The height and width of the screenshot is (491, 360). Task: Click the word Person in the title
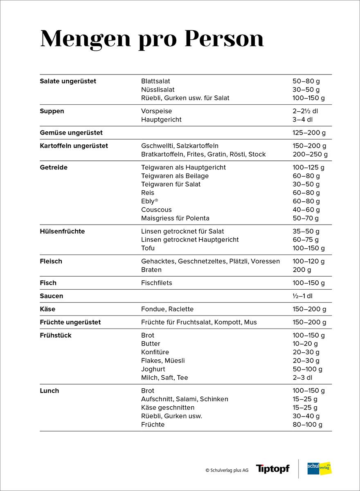(x=224, y=39)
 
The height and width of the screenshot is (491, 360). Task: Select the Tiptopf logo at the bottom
(x=272, y=469)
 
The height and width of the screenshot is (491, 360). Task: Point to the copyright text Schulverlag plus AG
(x=227, y=471)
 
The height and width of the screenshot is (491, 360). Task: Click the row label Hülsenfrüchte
(x=62, y=231)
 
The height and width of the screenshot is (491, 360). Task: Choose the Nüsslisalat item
(x=158, y=90)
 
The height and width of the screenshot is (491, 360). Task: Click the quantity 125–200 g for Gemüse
(x=309, y=133)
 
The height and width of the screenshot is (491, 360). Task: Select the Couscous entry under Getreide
(x=156, y=210)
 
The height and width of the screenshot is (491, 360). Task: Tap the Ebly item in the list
(x=149, y=201)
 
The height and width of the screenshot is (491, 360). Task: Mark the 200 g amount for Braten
(x=302, y=270)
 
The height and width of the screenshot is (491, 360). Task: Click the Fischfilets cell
(x=157, y=283)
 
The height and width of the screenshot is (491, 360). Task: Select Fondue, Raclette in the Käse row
(x=167, y=309)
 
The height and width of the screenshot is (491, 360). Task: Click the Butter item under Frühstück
(x=151, y=344)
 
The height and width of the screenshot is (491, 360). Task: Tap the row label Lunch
(x=49, y=391)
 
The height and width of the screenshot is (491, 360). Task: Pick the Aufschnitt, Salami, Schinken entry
(x=184, y=399)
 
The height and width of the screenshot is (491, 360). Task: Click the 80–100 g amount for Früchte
(x=307, y=425)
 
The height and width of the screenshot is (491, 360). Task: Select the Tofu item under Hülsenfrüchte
(x=148, y=248)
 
